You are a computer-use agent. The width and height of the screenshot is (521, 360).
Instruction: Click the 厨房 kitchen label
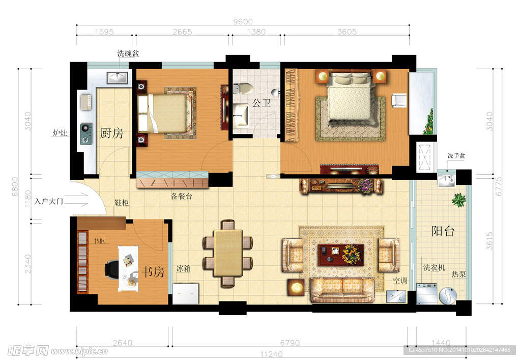click(111, 133)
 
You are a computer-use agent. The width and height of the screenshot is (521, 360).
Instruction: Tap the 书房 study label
click(153, 272)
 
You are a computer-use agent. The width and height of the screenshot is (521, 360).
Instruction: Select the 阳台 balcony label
click(443, 231)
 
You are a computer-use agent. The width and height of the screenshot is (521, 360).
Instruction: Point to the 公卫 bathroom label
click(262, 103)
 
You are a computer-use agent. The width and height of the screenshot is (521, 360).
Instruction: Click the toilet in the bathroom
click(243, 89)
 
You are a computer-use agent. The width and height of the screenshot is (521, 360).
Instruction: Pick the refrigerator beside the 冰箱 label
click(186, 293)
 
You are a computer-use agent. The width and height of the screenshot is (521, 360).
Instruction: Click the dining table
click(228, 253)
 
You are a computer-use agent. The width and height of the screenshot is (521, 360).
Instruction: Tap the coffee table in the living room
click(341, 255)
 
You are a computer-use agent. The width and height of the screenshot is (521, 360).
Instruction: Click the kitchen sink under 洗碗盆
click(118, 78)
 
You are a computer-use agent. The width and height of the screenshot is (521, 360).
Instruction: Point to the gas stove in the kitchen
click(86, 133)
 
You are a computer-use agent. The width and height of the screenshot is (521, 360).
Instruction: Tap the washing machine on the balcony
click(427, 293)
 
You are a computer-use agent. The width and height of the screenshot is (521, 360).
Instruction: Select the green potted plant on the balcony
click(459, 200)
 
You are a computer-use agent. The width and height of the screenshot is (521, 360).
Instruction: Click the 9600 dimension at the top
click(243, 21)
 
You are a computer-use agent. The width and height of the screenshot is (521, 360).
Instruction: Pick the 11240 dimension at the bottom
click(271, 354)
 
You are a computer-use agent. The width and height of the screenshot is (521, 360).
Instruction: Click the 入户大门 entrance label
click(48, 201)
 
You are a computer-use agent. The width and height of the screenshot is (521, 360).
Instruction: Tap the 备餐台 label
click(182, 196)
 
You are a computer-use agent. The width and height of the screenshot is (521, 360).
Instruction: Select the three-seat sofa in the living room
click(342, 290)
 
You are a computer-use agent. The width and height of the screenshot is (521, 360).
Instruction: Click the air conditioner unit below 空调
click(396, 296)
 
